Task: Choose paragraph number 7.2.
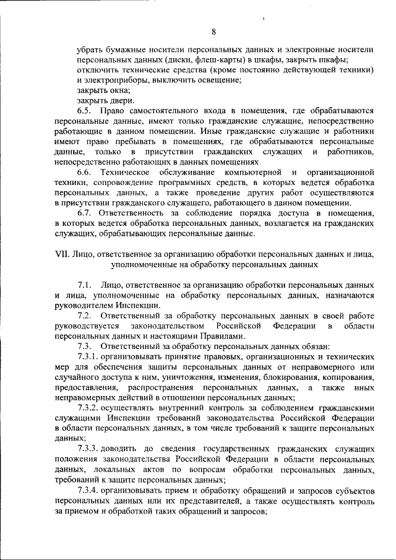pyautogui.click(x=85, y=315)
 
